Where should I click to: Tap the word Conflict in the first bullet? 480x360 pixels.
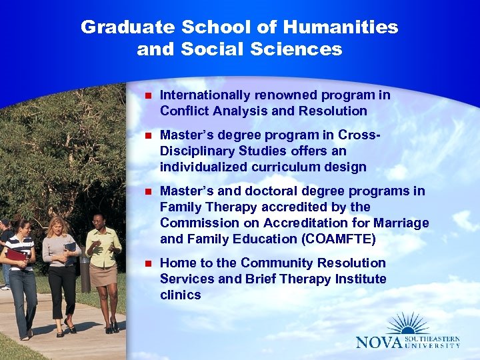[x=184, y=111]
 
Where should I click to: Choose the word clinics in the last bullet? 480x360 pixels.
[x=180, y=295]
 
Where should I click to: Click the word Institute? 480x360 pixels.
[x=361, y=279]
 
